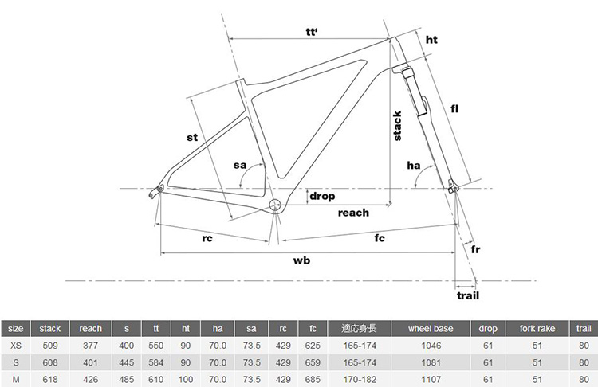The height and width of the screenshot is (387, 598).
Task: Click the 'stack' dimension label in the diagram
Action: pos(397,126)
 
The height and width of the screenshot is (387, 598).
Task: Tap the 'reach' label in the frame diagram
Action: pos(353,213)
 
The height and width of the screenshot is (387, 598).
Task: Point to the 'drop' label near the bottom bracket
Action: pos(322,196)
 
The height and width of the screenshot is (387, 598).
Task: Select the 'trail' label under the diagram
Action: pos(468,295)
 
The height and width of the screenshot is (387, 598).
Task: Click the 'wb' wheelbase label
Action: pos(301,260)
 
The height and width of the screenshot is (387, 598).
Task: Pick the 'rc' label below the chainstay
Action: pos(207,238)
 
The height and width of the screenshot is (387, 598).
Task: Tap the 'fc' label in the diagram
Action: pos(380,238)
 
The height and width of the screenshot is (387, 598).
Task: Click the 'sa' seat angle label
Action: pos(240,166)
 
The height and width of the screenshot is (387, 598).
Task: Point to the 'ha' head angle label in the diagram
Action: pos(414,166)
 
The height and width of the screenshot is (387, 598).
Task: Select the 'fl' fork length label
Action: pos(454,109)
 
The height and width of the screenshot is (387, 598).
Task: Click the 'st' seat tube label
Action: pos(192,137)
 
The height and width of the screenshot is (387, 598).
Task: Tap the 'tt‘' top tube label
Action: pos(312,32)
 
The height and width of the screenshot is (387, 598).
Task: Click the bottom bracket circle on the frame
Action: pos(275,205)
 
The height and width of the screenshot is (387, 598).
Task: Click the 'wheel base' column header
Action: pos(431,329)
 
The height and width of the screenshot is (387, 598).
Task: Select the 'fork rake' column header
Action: pos(537,329)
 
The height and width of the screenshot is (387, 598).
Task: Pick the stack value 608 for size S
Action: pos(50,363)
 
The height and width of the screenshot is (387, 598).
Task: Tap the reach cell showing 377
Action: pos(90,346)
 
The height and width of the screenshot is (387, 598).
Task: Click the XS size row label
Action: pos(16,346)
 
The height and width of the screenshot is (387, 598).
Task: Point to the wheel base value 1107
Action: pos(431,380)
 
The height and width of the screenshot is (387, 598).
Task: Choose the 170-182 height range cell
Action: pos(360,380)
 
